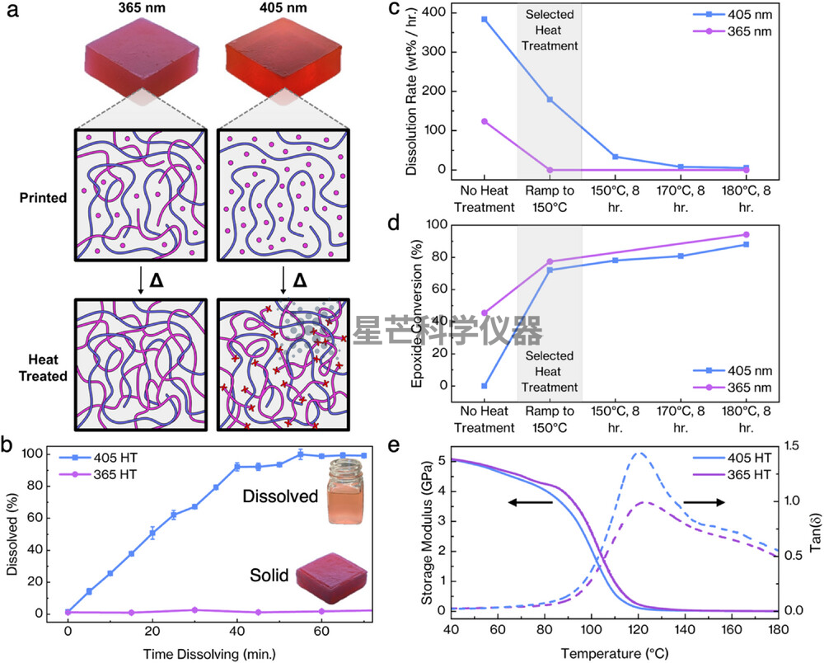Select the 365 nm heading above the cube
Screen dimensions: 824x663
(x=142, y=9)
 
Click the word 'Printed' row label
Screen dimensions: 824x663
(x=43, y=198)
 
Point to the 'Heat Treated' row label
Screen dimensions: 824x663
(x=43, y=368)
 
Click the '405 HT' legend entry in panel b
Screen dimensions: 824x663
(x=100, y=458)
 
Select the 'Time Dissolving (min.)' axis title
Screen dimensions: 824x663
(x=209, y=654)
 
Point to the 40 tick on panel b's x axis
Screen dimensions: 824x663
(x=237, y=630)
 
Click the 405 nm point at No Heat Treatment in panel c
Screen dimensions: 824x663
(x=484, y=20)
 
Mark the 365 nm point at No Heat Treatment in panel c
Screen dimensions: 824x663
(x=484, y=121)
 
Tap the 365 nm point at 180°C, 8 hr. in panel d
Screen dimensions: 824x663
(x=746, y=234)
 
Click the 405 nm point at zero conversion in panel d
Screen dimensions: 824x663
(x=484, y=386)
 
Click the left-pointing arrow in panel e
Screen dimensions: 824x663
(x=530, y=502)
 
